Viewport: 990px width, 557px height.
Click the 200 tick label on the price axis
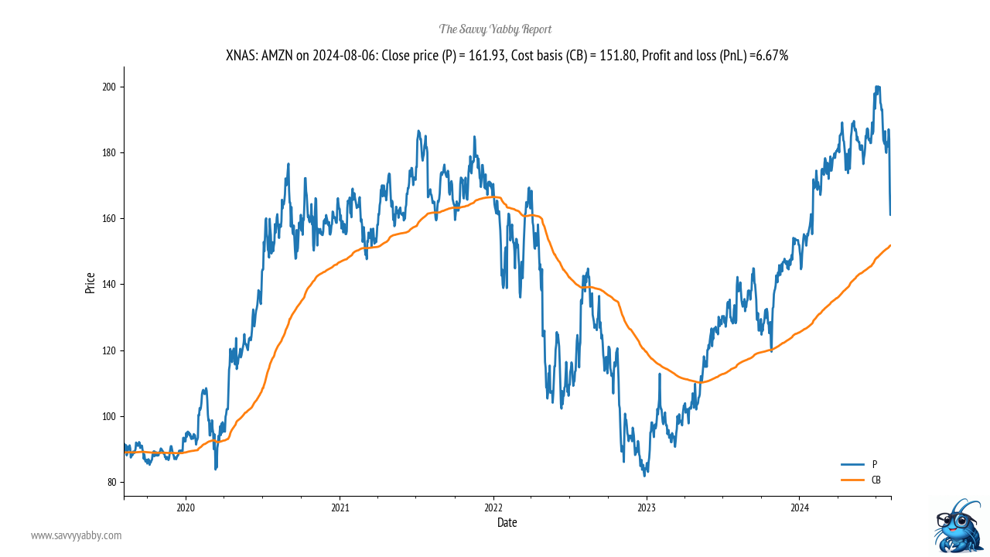click(x=109, y=87)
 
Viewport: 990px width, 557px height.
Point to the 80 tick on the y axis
click(x=111, y=482)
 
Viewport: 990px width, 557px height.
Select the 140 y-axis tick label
click(x=109, y=285)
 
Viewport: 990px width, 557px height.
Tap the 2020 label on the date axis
click(x=186, y=508)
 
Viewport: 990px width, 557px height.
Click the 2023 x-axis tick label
click(x=647, y=508)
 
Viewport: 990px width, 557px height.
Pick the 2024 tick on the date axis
click(x=800, y=508)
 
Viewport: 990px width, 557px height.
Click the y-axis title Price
click(x=90, y=282)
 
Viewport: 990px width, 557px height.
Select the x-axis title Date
click(x=507, y=523)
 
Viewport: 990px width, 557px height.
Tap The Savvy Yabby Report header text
click(x=495, y=29)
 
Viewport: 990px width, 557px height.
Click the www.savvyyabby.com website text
click(x=76, y=535)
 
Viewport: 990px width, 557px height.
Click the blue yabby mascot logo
click(x=958, y=525)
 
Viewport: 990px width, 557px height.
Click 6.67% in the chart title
click(x=770, y=56)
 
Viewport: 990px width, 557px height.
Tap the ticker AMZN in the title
click(x=279, y=56)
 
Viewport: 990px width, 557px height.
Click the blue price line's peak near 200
click(x=877, y=87)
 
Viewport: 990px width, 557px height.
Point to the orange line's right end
click(x=890, y=245)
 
